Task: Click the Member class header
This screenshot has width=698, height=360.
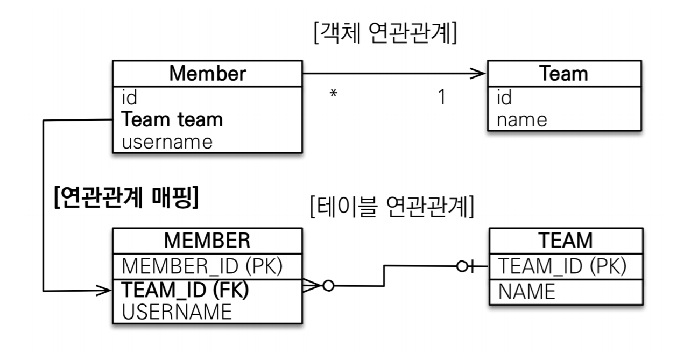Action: coord(207,74)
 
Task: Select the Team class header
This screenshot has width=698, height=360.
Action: coord(563,74)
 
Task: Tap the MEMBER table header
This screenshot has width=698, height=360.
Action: coord(207,240)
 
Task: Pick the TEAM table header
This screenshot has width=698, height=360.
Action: coord(565,240)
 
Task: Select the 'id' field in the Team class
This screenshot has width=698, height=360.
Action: coord(504,98)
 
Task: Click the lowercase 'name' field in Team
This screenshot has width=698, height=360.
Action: coord(521,119)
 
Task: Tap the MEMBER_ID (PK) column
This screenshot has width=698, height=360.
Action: coord(202,266)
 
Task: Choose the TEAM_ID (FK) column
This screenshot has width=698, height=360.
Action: coord(186,290)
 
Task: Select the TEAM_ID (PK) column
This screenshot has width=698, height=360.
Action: coord(562,266)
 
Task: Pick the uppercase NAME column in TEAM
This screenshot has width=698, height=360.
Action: coord(526,291)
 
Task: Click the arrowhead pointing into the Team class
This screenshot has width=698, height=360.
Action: coord(478,74)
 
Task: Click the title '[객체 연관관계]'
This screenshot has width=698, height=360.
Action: coord(385,34)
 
